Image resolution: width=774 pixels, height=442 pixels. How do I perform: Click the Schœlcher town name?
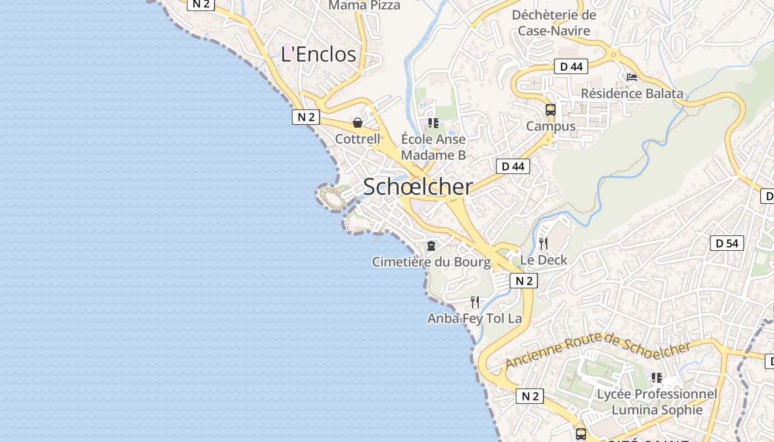coord(418,187)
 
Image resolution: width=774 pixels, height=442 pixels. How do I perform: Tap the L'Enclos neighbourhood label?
coord(318,54)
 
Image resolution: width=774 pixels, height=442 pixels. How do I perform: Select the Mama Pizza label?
coord(364,6)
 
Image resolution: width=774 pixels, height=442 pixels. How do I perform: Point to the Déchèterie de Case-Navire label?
coord(554,23)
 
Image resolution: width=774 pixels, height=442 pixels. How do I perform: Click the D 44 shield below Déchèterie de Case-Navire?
coord(571,67)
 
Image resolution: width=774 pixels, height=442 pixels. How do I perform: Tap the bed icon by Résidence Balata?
coord(631,77)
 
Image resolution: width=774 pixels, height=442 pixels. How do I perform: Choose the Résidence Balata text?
coord(632,93)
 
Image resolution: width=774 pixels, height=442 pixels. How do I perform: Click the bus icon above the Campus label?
coord(550,109)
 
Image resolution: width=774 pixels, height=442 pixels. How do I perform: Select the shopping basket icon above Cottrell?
coord(358,123)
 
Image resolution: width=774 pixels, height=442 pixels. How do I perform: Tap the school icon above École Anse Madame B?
coord(433,123)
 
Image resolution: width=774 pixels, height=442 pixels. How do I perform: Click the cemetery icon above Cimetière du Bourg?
coord(431,245)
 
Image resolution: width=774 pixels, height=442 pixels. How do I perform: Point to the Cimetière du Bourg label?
coord(431,262)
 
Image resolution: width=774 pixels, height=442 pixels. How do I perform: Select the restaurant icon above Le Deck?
coord(543,243)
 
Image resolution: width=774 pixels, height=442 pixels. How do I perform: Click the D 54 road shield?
coord(726,243)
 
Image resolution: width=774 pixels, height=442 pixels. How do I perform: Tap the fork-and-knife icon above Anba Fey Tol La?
coord(474,302)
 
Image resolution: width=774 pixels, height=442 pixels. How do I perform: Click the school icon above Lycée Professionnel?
coord(656,378)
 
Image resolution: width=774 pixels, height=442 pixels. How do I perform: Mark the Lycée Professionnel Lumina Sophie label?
coord(657,402)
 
